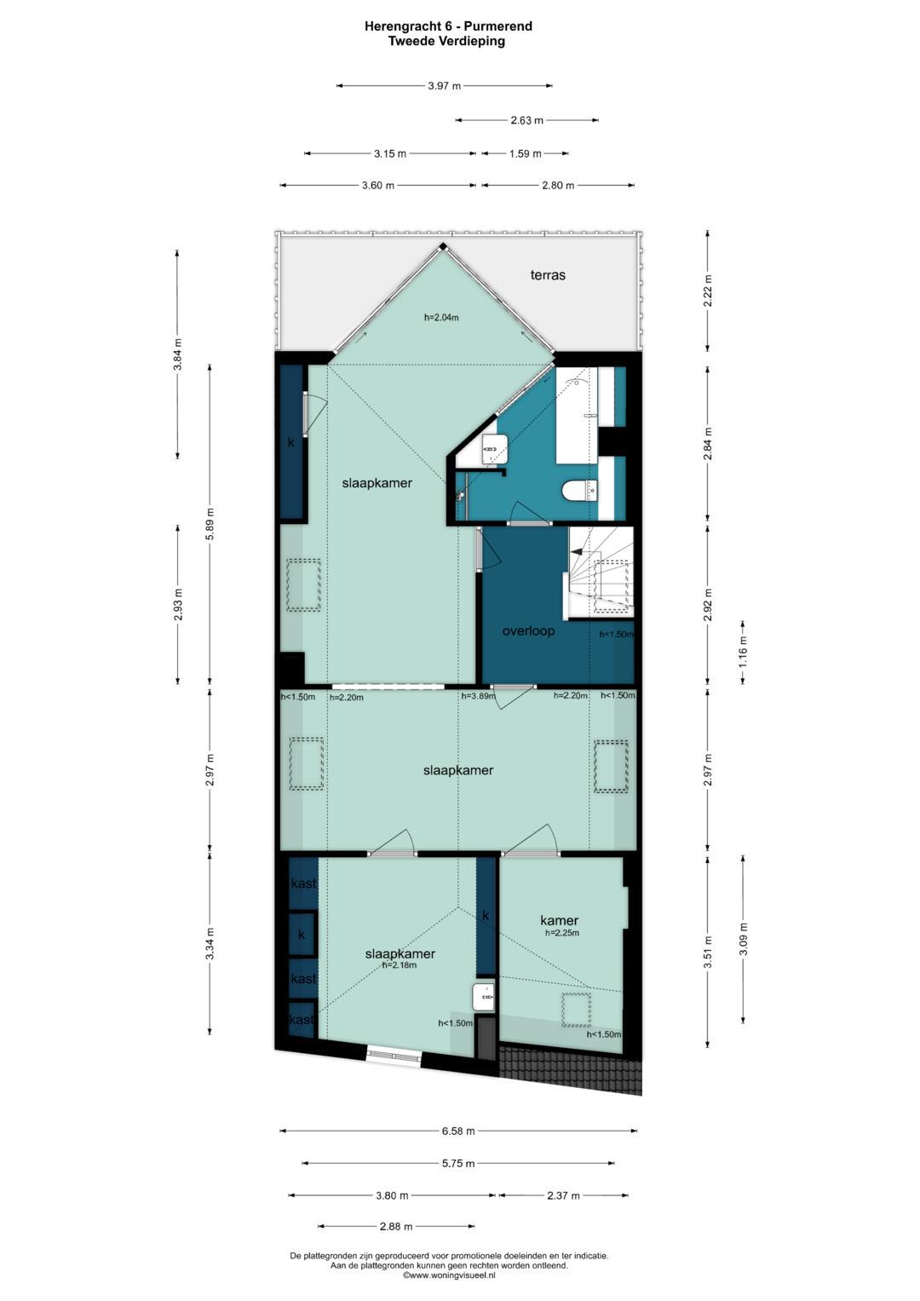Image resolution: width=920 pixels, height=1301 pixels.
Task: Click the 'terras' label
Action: coord(548,275)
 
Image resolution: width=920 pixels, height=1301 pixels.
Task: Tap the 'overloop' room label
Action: coord(528,631)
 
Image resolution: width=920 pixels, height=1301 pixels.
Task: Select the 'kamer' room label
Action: coord(559,920)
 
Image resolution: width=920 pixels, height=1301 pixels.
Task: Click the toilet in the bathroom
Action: coord(575,492)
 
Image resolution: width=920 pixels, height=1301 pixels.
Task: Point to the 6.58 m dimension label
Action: coord(458,1131)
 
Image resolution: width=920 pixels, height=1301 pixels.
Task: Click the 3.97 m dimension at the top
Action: coord(444,85)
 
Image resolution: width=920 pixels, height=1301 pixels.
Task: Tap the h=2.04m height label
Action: coord(441,318)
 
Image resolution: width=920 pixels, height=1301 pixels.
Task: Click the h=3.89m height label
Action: coord(478,696)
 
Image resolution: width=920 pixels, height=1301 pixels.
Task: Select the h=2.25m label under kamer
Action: coord(562,933)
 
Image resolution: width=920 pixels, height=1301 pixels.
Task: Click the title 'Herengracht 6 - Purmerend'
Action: coord(448,26)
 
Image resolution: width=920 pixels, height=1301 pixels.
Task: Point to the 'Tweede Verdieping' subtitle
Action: coord(447,41)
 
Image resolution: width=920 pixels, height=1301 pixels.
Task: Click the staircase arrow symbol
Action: coord(579,552)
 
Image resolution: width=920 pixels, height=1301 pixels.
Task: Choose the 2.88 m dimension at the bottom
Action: coord(395,1227)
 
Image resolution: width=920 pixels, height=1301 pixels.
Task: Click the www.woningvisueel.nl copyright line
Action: coord(449,1275)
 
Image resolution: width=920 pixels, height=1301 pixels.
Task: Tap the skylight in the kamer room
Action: coord(576,1009)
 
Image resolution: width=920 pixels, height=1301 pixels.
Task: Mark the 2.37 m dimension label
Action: coord(562,1195)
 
